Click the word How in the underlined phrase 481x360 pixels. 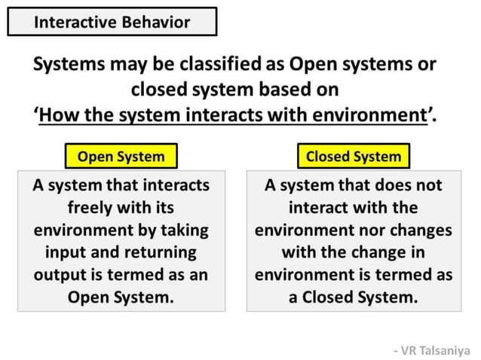click(x=60, y=115)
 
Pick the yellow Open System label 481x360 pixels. click(x=121, y=157)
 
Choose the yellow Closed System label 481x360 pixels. click(x=353, y=157)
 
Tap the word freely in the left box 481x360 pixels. click(x=92, y=206)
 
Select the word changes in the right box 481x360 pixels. click(x=422, y=229)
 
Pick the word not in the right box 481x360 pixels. click(x=428, y=185)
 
